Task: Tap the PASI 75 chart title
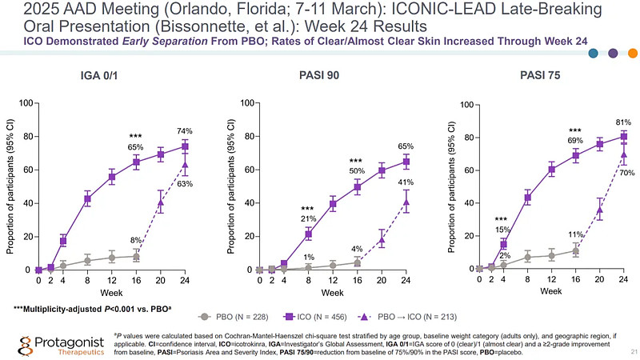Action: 539,76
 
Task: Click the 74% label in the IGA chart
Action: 185,130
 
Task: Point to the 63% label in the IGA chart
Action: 185,184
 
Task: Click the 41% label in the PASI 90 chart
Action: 406,183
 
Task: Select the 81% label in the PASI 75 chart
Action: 625,122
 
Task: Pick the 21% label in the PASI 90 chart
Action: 308,218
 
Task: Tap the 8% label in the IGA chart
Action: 136,240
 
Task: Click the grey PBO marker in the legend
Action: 206,317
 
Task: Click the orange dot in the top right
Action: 631,54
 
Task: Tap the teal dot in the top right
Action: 593,54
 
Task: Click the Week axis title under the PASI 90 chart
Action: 333,292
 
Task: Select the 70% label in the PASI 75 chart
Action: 627,173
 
